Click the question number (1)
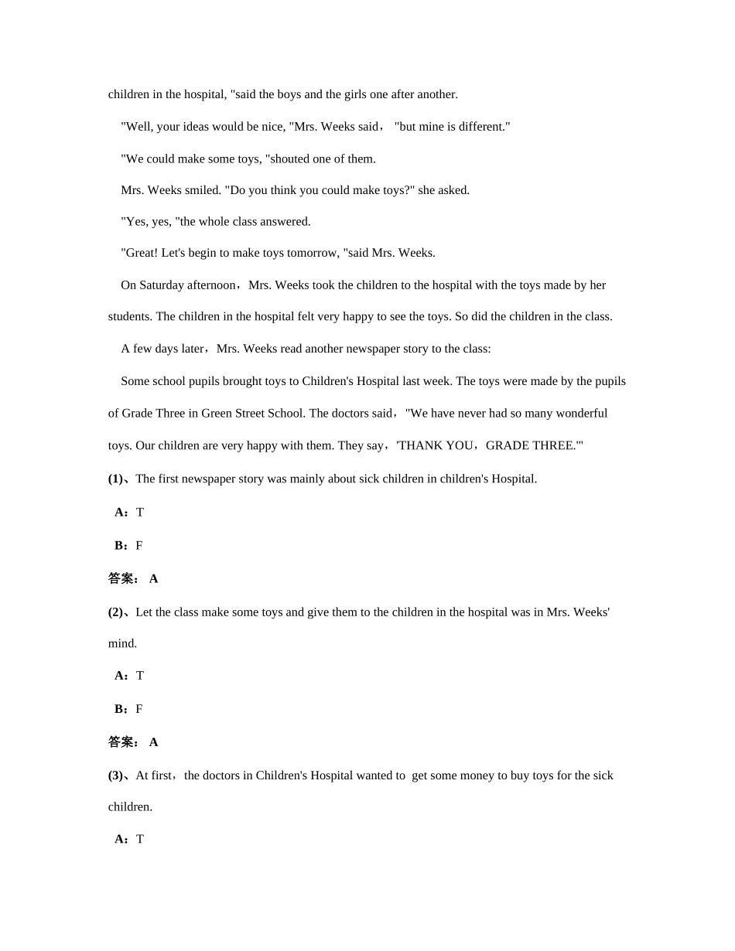(115, 479)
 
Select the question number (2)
(115, 612)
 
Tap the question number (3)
(115, 775)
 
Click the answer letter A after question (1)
(153, 578)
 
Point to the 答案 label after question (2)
(121, 742)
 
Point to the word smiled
(203, 190)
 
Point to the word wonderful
(576, 413)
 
